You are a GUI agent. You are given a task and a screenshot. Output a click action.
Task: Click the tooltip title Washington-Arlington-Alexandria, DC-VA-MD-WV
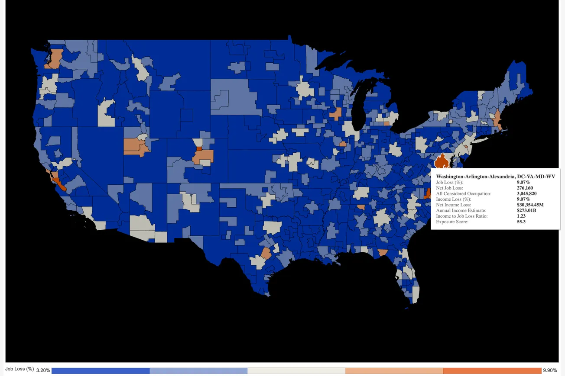(495, 177)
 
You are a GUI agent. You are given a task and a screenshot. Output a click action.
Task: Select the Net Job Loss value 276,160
(525, 188)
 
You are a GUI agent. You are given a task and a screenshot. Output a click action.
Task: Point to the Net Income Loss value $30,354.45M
(530, 205)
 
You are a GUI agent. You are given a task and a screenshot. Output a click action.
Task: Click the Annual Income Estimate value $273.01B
(526, 211)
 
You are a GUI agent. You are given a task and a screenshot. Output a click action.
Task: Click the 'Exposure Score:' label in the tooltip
(452, 222)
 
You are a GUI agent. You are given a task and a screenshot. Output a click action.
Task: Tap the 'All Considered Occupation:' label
(463, 194)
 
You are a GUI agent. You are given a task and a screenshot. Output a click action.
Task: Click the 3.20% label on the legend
(43, 370)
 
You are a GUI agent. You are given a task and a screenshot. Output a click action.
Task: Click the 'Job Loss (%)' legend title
(19, 369)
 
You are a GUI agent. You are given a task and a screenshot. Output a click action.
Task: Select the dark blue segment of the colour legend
(101, 371)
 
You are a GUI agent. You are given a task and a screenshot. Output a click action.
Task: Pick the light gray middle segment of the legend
(296, 371)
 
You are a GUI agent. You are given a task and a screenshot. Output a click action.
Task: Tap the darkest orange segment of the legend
(492, 371)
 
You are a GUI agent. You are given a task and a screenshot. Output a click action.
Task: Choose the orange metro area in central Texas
(266, 253)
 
